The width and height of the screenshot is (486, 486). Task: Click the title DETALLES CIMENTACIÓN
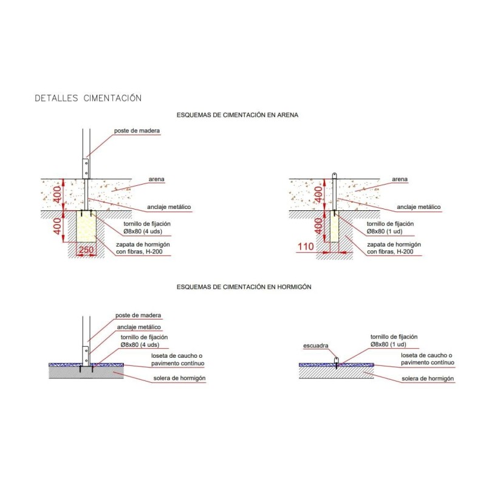tap(88, 98)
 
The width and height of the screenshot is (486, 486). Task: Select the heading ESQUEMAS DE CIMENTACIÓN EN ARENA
tap(237, 114)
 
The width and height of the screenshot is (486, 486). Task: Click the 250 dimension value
tap(86, 249)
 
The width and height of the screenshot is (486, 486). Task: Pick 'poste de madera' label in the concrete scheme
tap(138, 315)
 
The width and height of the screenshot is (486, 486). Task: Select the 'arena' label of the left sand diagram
tap(157, 180)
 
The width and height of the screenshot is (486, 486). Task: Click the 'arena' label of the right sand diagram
tap(399, 180)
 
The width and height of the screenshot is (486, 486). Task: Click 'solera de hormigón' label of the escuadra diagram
tap(428, 378)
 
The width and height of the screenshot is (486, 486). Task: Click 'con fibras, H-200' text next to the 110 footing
tap(392, 252)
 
